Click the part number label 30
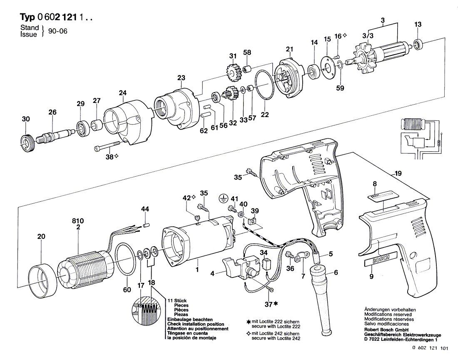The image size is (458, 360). pyautogui.click(x=26, y=119)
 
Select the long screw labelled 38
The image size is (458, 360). pyautogui.click(x=107, y=146)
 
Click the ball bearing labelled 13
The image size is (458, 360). pyautogui.click(x=418, y=44)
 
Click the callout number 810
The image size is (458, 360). pyautogui.click(x=78, y=221)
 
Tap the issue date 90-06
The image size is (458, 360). pyautogui.click(x=57, y=31)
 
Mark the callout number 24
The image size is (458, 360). pyautogui.click(x=123, y=93)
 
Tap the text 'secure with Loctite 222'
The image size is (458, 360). pyautogui.click(x=276, y=326)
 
